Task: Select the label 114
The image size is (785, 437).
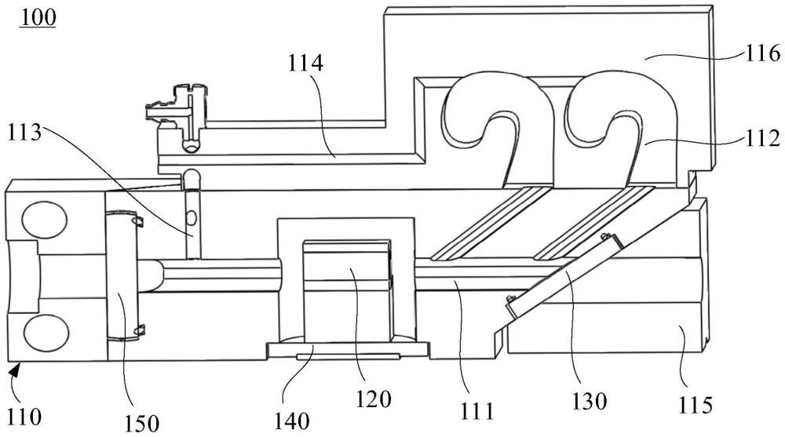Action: click(305, 64)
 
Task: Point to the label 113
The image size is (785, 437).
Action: click(24, 133)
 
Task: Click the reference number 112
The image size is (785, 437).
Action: click(761, 138)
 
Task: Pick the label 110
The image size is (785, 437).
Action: click(24, 416)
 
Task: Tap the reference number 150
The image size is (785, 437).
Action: click(141, 424)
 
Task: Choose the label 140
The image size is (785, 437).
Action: click(292, 421)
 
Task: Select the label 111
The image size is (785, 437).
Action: click(476, 411)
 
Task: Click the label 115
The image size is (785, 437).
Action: click(696, 405)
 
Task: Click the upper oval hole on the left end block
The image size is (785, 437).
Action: click(44, 220)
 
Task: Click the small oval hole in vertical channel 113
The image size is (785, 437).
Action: click(191, 217)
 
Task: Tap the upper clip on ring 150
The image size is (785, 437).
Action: click(137, 220)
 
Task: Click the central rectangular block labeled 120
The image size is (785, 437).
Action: click(347, 291)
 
